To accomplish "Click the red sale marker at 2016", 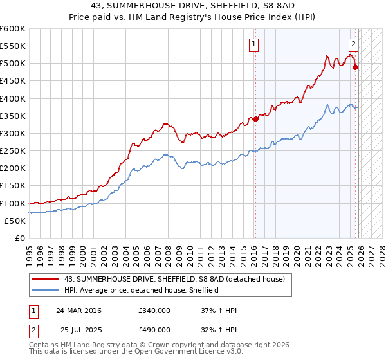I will point(255,119).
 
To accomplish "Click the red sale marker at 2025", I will point(356,67).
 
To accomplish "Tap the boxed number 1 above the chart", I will point(254,44).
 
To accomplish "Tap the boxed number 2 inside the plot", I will point(353,44).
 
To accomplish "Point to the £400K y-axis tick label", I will point(13,98).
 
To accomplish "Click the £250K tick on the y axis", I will point(13,150).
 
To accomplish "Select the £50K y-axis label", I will point(15,221).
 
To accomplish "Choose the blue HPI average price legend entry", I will point(142,290).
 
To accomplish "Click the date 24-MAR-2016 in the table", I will point(78,310).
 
